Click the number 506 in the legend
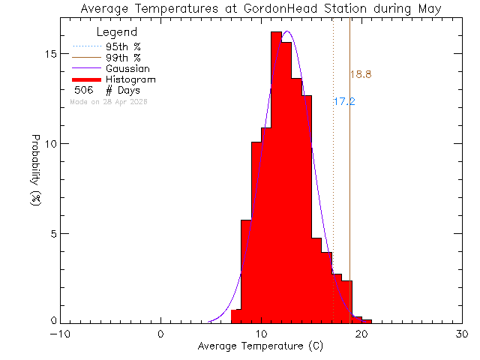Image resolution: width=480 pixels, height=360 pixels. click(x=83, y=90)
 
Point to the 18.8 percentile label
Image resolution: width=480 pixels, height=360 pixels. click(x=361, y=74)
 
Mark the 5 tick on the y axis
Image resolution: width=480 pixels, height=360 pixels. click(x=52, y=233)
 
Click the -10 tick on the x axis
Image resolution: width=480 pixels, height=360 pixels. click(x=60, y=334)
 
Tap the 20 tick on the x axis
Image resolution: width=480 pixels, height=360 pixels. click(x=361, y=334)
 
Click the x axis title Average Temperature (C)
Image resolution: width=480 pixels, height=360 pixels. click(x=261, y=346)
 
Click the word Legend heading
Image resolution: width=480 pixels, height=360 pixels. click(x=117, y=33)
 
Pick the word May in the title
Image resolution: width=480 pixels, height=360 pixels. click(x=430, y=8)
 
